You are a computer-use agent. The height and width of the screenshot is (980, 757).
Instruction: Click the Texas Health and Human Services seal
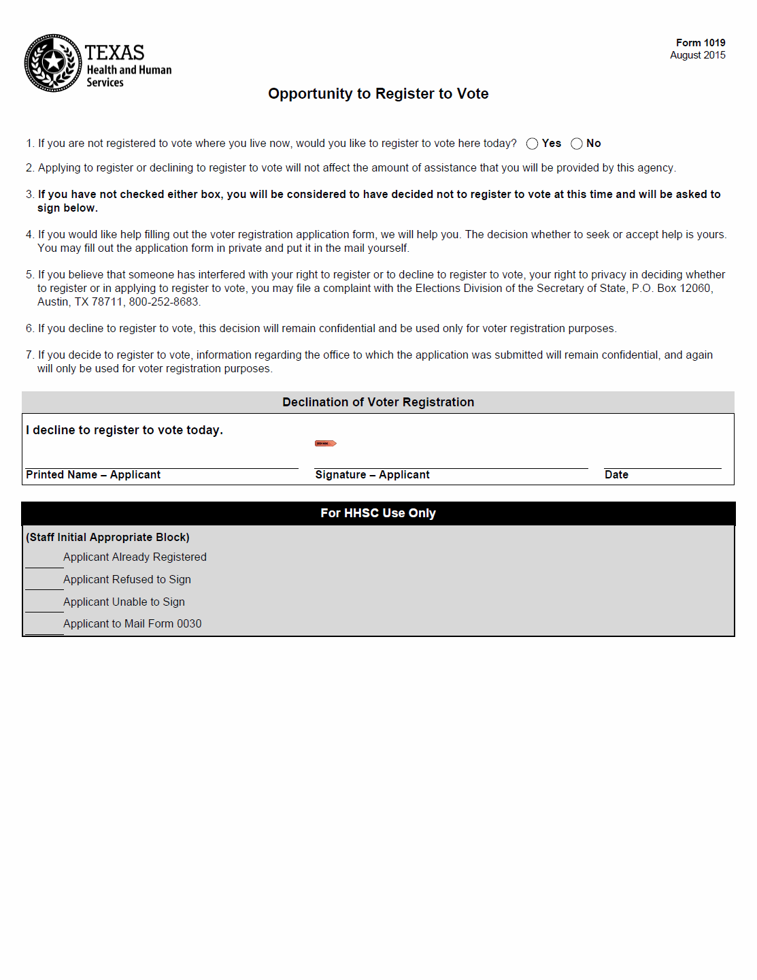tap(53, 63)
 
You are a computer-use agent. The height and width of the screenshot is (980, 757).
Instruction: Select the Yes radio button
tap(532, 144)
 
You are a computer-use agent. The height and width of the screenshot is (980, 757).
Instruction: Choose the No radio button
tap(577, 144)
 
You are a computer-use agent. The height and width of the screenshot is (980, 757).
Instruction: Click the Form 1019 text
tap(700, 43)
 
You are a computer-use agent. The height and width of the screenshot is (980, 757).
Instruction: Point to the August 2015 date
tap(697, 55)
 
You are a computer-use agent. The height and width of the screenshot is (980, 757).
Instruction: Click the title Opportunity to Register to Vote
tap(378, 94)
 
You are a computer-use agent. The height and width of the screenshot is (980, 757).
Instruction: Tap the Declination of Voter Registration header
tap(378, 402)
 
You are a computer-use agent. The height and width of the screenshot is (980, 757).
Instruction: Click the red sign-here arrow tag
tap(325, 444)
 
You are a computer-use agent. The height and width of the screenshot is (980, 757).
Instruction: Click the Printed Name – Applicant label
tap(93, 475)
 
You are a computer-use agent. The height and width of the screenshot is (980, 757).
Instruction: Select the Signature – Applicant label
tap(372, 475)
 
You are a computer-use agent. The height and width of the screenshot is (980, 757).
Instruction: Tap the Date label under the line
tap(616, 475)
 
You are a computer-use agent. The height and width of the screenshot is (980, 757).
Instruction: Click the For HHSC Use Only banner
tap(378, 513)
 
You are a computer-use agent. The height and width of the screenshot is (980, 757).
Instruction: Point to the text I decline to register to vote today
tap(124, 430)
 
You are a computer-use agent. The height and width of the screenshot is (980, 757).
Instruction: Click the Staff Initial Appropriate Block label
tap(107, 538)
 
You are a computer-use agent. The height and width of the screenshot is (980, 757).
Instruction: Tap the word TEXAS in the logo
tap(114, 53)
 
